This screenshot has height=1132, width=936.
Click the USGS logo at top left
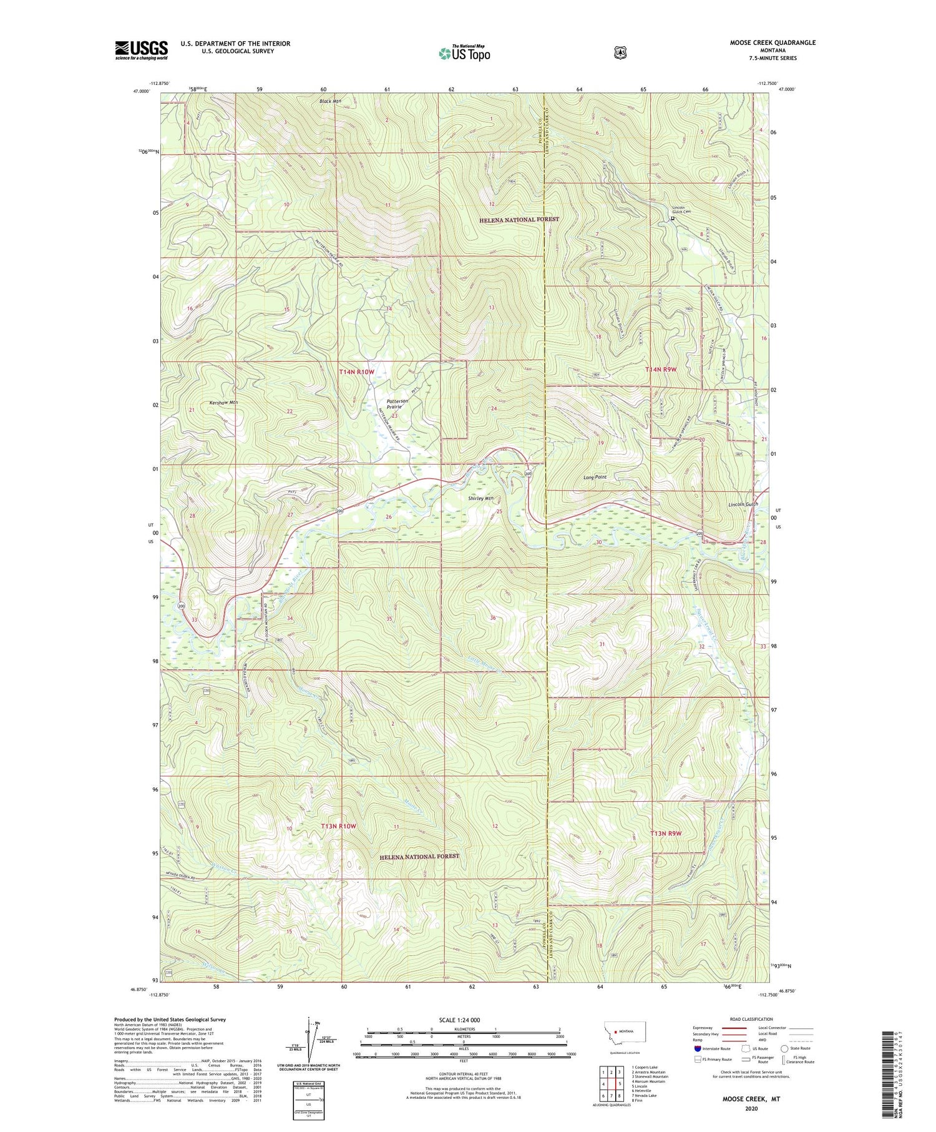point(141,50)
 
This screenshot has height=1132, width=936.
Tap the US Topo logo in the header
point(464,53)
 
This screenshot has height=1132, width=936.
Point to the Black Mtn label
point(331,101)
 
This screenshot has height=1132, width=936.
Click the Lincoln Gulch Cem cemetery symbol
point(673,219)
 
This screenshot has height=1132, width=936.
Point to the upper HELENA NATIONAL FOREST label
point(519,220)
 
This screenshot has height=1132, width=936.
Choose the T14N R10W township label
point(356,372)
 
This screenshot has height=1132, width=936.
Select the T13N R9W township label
point(666,834)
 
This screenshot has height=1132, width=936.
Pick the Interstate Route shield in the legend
point(698,1048)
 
